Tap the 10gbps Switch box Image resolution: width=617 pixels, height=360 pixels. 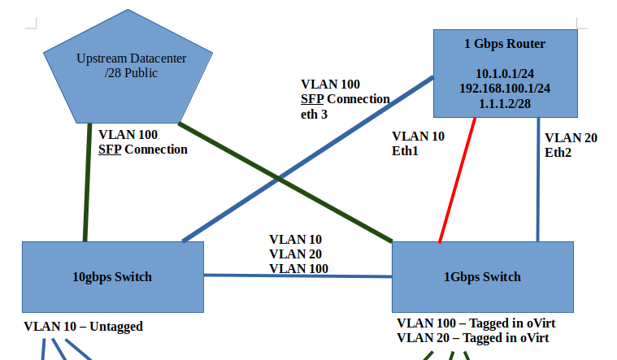(112, 277)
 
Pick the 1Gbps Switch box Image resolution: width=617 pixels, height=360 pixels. (483, 277)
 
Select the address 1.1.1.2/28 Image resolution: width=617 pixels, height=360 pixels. (505, 103)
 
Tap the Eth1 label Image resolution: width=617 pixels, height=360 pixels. (406, 151)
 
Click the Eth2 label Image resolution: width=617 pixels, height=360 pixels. (558, 152)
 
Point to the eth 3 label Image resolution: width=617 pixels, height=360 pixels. (314, 114)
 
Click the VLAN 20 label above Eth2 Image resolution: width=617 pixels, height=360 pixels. (571, 138)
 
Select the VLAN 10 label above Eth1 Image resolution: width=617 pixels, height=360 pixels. (418, 137)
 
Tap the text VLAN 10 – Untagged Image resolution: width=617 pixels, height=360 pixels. (83, 327)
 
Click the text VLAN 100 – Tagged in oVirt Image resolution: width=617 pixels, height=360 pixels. (476, 323)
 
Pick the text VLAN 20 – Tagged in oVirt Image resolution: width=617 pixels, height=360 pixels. (472, 337)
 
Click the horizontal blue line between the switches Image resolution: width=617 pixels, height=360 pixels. (298, 275)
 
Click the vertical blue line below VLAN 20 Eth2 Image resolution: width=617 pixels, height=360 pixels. (537, 195)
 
